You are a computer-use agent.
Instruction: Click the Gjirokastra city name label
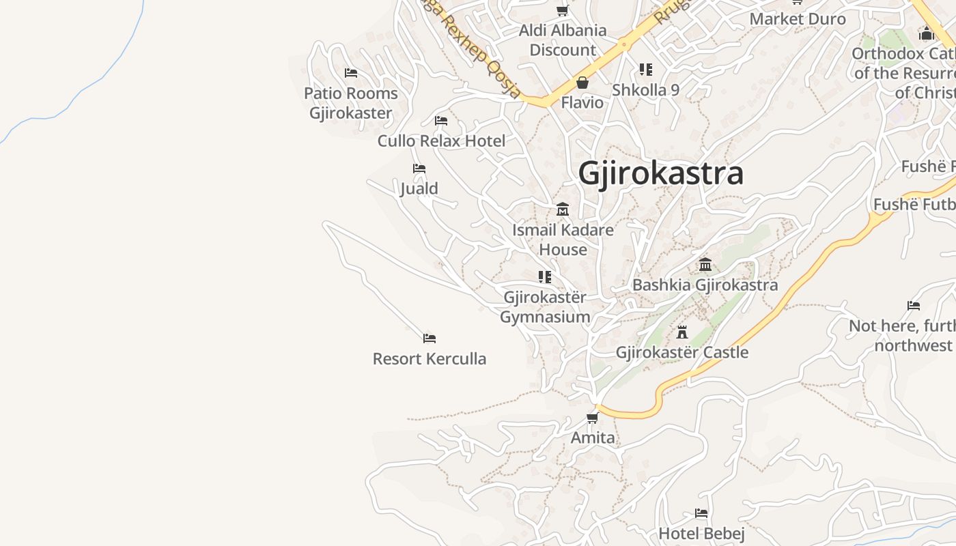(x=660, y=173)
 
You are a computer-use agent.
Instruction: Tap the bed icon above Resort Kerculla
(x=430, y=339)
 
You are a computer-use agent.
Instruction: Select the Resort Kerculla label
(x=430, y=358)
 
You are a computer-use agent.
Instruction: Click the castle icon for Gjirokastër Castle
(x=681, y=332)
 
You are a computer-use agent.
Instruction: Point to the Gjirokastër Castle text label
(x=681, y=352)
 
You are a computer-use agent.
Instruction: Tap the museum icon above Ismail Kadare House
(x=563, y=209)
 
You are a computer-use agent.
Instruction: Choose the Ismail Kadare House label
(x=563, y=240)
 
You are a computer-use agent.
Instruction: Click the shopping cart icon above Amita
(x=593, y=418)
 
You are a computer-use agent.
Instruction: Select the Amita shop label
(x=593, y=437)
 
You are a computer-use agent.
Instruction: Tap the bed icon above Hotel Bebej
(x=701, y=513)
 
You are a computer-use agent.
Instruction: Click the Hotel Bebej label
(x=701, y=532)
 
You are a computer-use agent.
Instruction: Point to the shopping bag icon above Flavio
(x=582, y=83)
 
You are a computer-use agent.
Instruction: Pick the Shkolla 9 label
(x=645, y=89)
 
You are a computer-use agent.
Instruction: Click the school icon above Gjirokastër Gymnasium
(x=545, y=277)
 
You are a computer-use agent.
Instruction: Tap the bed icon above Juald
(x=419, y=169)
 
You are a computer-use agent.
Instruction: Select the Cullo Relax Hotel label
(x=441, y=141)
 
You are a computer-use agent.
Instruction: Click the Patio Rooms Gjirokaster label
(x=351, y=102)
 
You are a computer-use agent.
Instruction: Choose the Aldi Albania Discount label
(x=563, y=40)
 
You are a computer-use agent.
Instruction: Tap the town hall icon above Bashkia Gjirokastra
(x=705, y=264)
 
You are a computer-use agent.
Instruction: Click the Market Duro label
(x=798, y=18)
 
